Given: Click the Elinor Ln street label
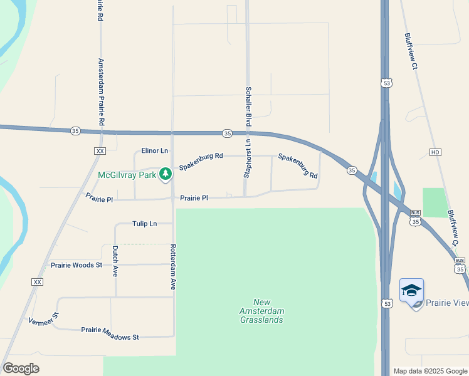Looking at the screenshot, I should click(155, 150).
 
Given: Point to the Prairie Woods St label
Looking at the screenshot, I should click(76, 265).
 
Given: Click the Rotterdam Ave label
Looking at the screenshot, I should click(172, 266).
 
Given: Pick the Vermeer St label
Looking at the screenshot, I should click(43, 320).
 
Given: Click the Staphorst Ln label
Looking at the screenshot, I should click(247, 159).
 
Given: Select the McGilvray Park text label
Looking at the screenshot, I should click(127, 175).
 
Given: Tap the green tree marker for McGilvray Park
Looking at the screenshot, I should click(166, 174).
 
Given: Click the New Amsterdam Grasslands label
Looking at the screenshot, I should click(261, 311).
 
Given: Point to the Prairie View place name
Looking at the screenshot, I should click(447, 303).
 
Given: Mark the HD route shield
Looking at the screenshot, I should click(436, 152).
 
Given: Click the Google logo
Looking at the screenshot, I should click(21, 368).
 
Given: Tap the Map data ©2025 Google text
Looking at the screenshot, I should click(430, 371).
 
